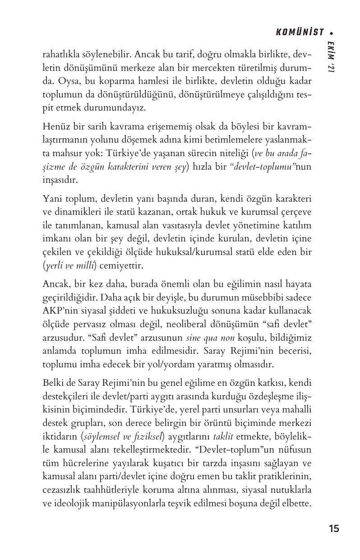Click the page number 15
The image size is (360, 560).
(x=334, y=528)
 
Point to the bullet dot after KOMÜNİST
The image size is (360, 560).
(x=331, y=32)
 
